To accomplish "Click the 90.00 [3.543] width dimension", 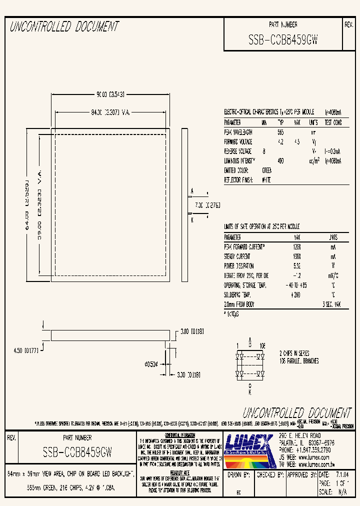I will coord(109,93).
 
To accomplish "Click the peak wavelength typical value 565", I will coord(280,132).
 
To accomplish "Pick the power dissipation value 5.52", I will coord(296,266).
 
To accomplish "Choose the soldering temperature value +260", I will coord(296,295).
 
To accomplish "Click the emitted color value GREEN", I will coord(267,170).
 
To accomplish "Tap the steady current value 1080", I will coord(296,256).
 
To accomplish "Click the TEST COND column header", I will coord(333,122).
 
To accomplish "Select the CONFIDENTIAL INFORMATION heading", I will coord(179,435).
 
